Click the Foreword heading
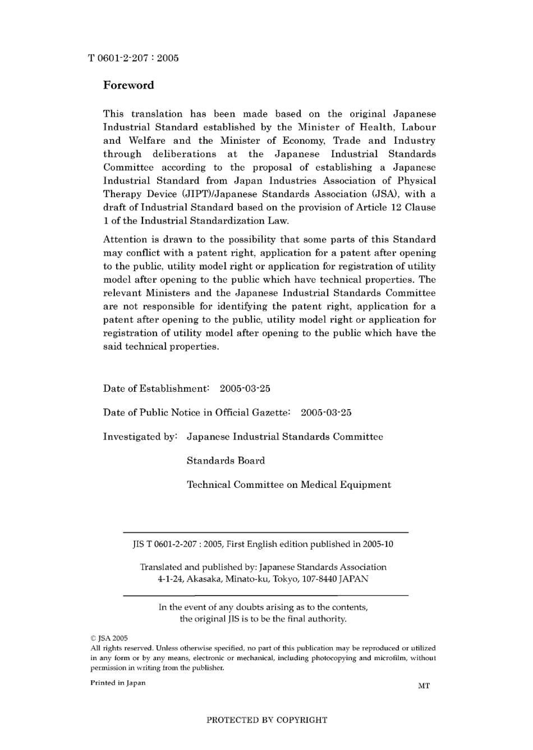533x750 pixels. (x=128, y=85)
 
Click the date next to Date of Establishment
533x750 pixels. (x=245, y=389)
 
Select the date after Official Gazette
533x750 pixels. (x=326, y=413)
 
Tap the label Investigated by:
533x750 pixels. (x=140, y=437)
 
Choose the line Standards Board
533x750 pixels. (x=226, y=461)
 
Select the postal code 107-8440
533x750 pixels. (x=320, y=579)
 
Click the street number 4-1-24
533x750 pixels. (x=170, y=579)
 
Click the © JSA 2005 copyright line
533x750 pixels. (x=109, y=638)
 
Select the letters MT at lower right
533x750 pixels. (x=424, y=685)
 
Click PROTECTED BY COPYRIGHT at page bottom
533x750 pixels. (x=266, y=720)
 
